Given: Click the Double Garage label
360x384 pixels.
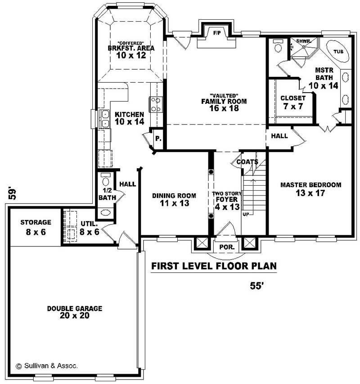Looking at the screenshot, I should (x=74, y=312).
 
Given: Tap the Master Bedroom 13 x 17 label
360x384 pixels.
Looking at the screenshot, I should (x=310, y=189).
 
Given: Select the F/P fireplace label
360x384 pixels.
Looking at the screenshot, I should (x=216, y=33).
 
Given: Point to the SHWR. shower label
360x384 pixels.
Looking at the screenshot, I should (x=301, y=41).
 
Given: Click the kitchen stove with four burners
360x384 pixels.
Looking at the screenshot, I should (x=156, y=105).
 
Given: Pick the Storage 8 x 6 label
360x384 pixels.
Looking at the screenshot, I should (x=36, y=227).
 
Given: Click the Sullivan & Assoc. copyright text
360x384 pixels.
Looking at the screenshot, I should (x=47, y=366).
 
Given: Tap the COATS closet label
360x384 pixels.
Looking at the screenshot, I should (x=247, y=161).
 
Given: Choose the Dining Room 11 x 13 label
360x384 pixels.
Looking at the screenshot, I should (x=174, y=199).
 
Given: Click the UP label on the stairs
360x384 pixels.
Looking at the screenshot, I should (x=246, y=214).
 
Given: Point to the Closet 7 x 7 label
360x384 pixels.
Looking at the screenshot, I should (x=292, y=102).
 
